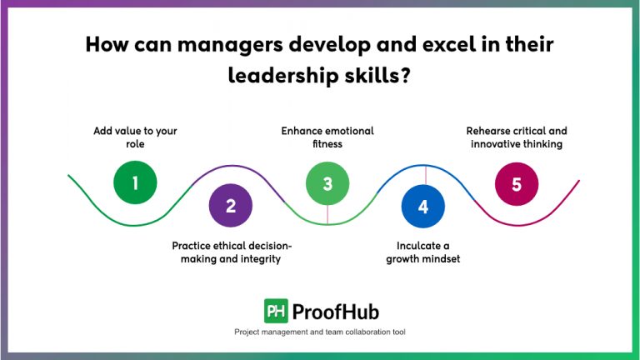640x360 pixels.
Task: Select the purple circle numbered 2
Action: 231,206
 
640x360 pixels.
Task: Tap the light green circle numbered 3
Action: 327,183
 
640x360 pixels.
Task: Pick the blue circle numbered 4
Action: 423,206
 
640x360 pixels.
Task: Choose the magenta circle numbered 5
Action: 517,183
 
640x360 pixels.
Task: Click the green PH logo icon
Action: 276,311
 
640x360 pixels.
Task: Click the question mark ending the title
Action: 407,77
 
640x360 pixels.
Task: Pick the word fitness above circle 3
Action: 327,144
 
